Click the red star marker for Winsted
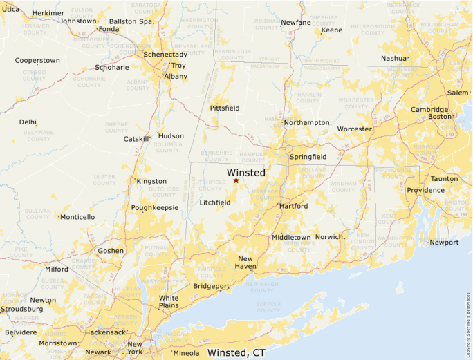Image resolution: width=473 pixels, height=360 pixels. [236, 180]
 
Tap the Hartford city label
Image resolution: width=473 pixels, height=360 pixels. [293, 206]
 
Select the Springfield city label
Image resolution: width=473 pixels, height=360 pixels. [308, 157]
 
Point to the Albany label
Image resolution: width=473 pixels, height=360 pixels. [176, 76]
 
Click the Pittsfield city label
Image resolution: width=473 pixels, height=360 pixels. [225, 108]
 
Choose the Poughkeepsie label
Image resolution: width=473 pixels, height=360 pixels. [155, 207]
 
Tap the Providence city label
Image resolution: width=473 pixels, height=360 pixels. [425, 190]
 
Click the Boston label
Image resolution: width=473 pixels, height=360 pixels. [439, 117]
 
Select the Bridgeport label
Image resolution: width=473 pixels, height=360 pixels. [211, 285]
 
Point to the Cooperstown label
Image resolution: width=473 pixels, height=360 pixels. [37, 61]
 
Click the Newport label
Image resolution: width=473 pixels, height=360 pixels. [444, 243]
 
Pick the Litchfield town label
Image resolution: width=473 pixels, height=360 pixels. [214, 202]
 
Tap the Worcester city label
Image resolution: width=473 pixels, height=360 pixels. [355, 129]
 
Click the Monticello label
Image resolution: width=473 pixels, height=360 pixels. [77, 217]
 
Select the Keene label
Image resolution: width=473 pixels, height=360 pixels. [332, 30]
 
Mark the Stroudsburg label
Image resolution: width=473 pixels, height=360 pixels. [21, 309]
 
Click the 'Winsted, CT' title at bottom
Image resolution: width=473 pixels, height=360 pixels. [236, 352]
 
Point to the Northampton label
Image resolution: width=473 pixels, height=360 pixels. [307, 122]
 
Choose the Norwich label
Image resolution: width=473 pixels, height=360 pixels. [330, 237]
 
